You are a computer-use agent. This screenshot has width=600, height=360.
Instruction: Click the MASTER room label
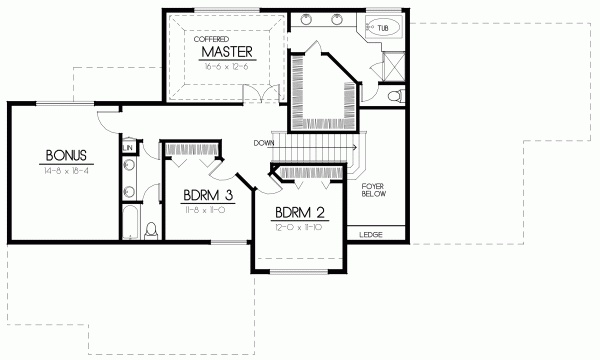coord(225,51)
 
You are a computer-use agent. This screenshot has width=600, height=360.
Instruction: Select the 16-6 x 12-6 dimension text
coord(225,64)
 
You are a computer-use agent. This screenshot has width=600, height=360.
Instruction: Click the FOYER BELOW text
coord(373,191)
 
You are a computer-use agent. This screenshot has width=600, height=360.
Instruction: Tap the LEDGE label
coord(370,236)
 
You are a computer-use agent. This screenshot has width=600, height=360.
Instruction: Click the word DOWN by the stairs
coord(265,142)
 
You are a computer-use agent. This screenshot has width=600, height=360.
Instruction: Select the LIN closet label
coord(128,148)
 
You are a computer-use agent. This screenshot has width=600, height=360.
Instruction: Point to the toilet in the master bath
coord(396,95)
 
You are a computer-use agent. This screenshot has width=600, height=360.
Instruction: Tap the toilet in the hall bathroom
coord(151,230)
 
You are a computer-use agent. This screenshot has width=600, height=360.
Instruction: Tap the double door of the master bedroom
coord(262,95)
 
